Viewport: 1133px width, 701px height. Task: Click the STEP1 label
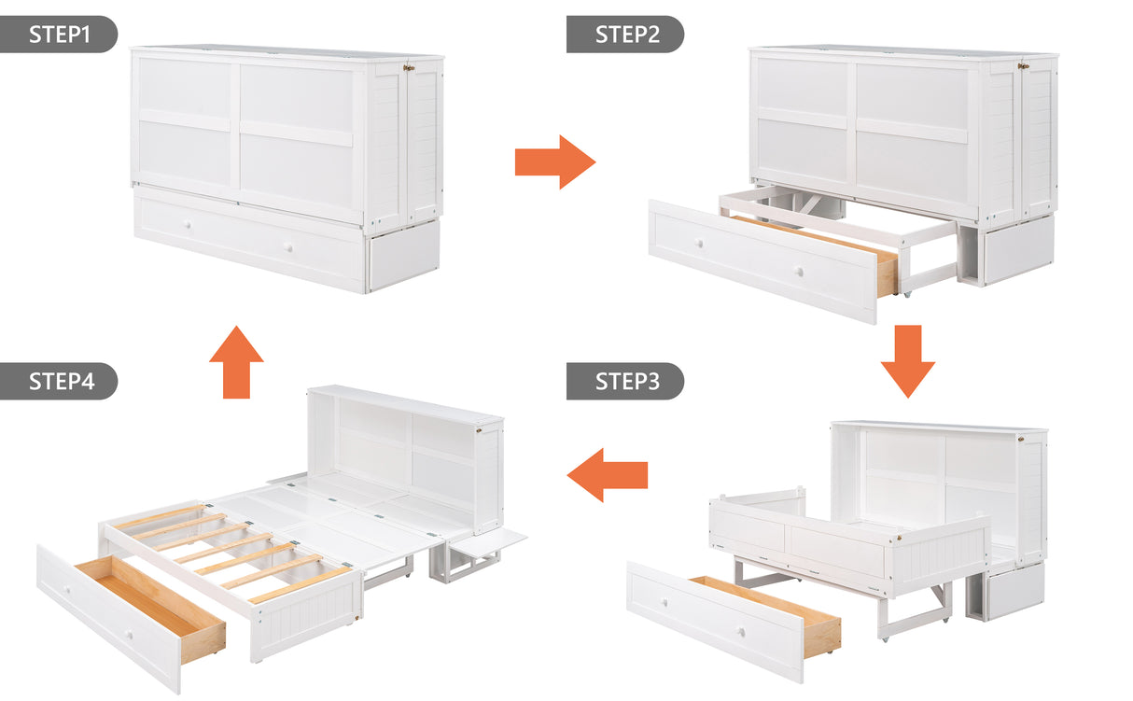pos(59,35)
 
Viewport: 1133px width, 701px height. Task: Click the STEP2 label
pos(625,35)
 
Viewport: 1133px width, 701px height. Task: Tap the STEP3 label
pos(625,381)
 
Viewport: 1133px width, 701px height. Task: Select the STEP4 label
pos(59,381)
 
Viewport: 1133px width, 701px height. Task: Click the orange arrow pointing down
pos(907,360)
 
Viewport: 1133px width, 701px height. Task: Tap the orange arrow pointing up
pos(236,361)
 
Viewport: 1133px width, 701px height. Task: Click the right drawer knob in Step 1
pos(288,247)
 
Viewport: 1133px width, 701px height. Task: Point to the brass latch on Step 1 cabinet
pos(409,67)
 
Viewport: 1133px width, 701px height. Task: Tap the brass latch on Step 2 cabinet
pos(1024,65)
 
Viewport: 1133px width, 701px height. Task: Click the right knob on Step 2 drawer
pos(799,272)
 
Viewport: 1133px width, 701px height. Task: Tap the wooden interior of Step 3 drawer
pos(775,607)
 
